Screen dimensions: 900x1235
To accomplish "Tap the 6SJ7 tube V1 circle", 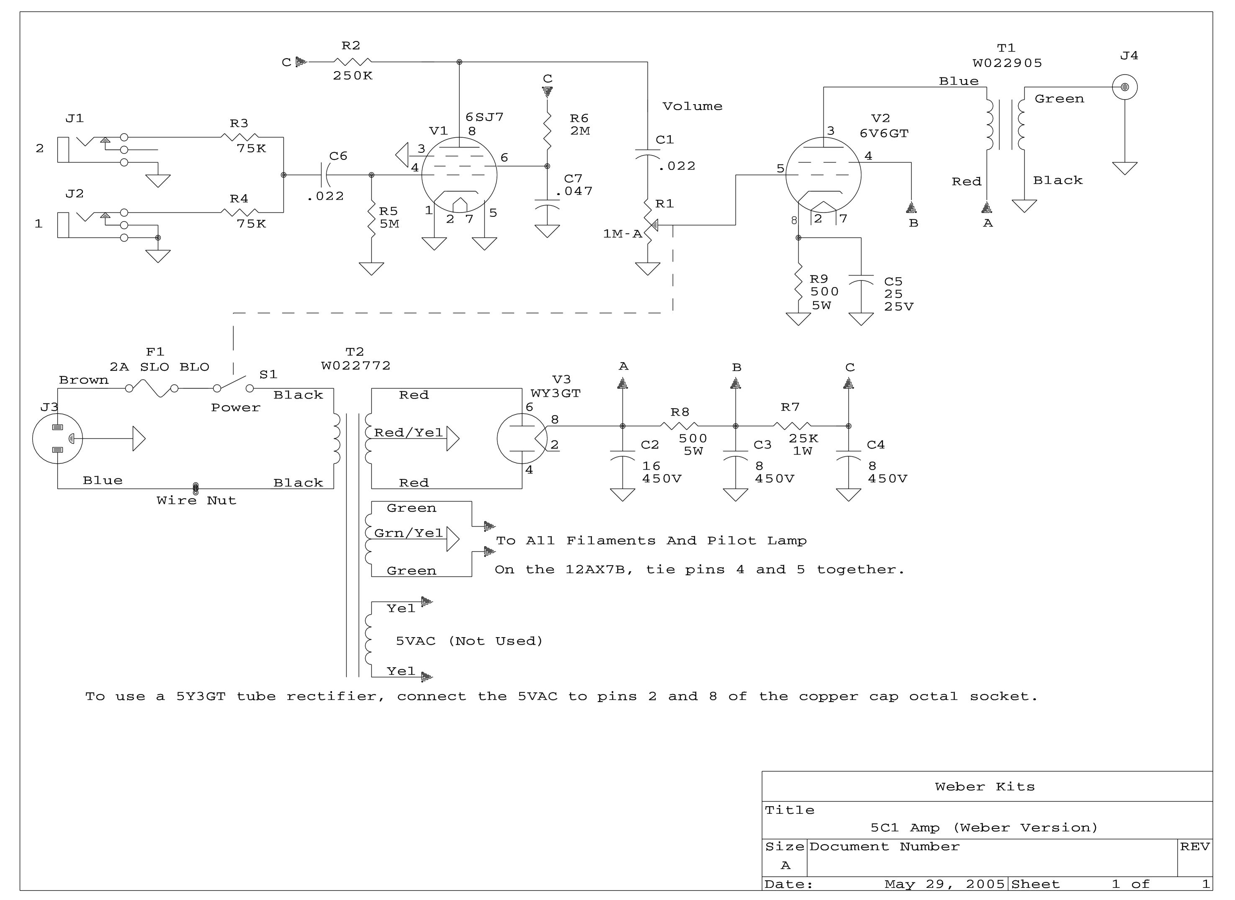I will [459, 175].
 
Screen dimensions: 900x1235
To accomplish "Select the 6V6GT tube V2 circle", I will [823, 175].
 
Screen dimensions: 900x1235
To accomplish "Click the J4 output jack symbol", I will [1124, 87].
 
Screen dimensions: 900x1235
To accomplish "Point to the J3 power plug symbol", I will [58, 439].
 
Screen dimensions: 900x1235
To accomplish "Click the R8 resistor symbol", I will [679, 426].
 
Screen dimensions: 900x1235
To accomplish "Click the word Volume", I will [692, 106].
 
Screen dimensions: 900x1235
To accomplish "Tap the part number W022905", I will [1007, 63].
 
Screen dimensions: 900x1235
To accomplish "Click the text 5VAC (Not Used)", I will [469, 641].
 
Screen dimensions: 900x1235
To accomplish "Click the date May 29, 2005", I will [944, 884].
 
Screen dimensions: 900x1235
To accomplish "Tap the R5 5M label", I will [389, 217].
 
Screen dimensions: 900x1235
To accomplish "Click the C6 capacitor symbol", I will [327, 175].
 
